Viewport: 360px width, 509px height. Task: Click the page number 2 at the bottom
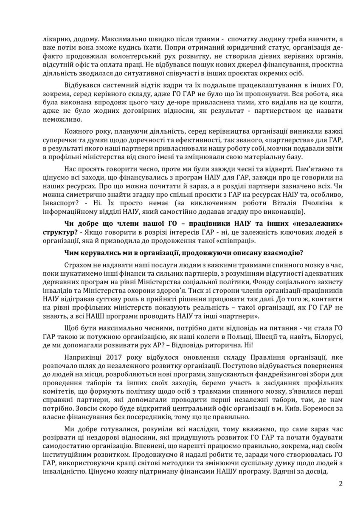[340, 483]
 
